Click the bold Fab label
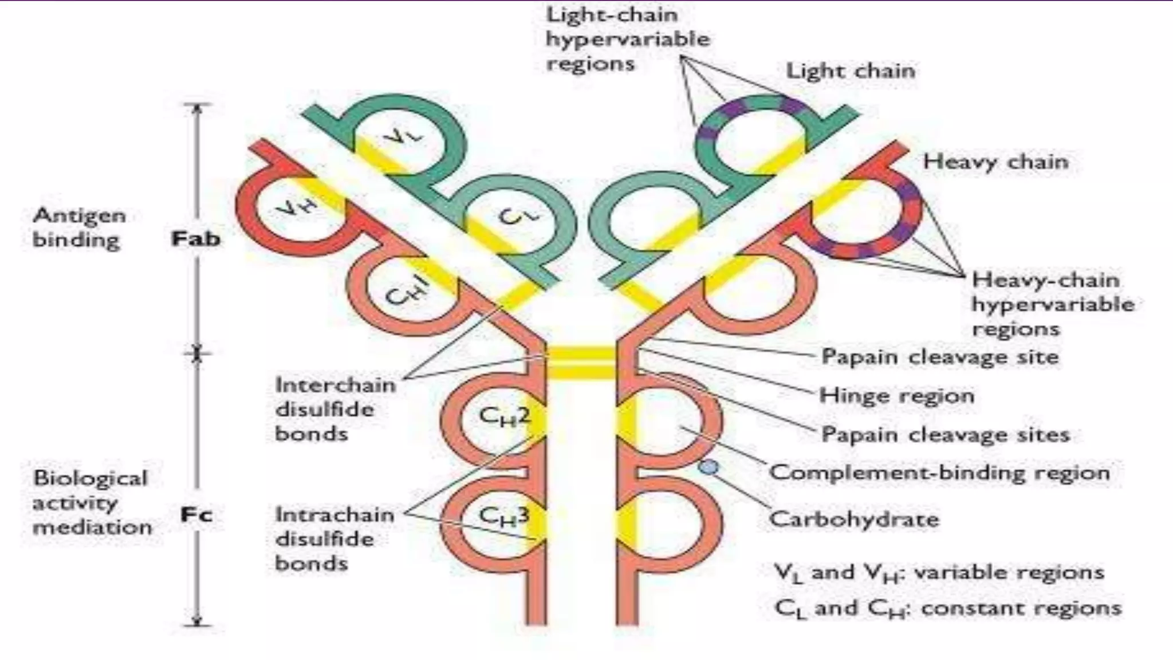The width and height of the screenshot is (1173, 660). tap(196, 238)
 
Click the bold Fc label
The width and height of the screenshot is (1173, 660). tap(196, 514)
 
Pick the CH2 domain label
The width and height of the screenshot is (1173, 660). tap(504, 417)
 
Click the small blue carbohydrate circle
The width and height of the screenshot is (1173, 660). tap(708, 467)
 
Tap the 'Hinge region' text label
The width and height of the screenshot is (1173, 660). tap(896, 395)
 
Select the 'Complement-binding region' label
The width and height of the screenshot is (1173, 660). tap(939, 473)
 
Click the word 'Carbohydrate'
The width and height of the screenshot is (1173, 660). tap(854, 519)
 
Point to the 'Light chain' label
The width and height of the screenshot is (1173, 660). tap(851, 71)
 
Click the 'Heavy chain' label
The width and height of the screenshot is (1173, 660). tap(995, 162)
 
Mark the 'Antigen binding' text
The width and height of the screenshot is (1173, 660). tap(79, 227)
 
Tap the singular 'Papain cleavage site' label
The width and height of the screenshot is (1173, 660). tap(940, 357)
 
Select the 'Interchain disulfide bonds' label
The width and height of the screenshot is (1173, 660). tap(335, 409)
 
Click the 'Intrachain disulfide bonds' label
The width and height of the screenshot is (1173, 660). tap(334, 539)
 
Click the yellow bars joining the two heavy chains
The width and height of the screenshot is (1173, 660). tap(581, 363)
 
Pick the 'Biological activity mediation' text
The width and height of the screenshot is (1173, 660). tap(92, 502)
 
